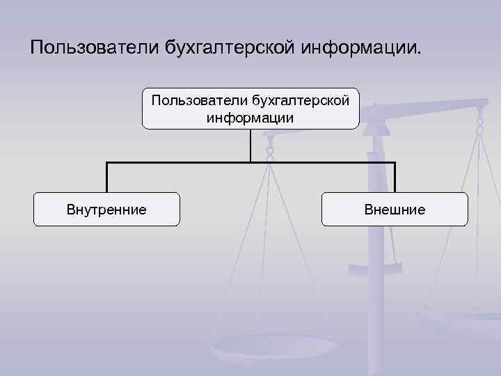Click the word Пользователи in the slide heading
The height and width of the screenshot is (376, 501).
click(94, 48)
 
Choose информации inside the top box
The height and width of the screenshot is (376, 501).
click(250, 118)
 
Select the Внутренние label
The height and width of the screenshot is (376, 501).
click(106, 209)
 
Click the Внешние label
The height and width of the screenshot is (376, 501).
click(395, 209)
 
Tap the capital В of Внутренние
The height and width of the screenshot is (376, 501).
click(71, 209)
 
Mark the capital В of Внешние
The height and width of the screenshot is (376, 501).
click(369, 209)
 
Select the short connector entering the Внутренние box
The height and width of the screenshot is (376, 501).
click(106, 177)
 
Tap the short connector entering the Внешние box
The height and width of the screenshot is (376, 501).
click(395, 177)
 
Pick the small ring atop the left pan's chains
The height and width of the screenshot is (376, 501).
click(270, 150)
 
